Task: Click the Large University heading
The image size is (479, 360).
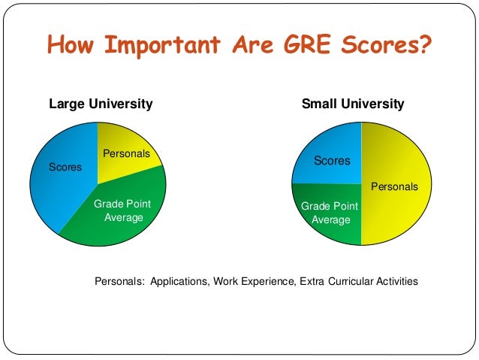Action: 101,104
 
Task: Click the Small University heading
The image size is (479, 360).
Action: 353,104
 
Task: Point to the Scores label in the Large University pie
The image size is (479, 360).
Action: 65,167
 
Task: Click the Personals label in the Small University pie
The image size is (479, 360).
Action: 395,186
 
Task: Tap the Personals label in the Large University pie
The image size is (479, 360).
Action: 126,153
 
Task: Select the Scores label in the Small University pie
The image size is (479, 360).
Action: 332,160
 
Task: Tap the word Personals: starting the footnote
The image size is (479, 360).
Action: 119,282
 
